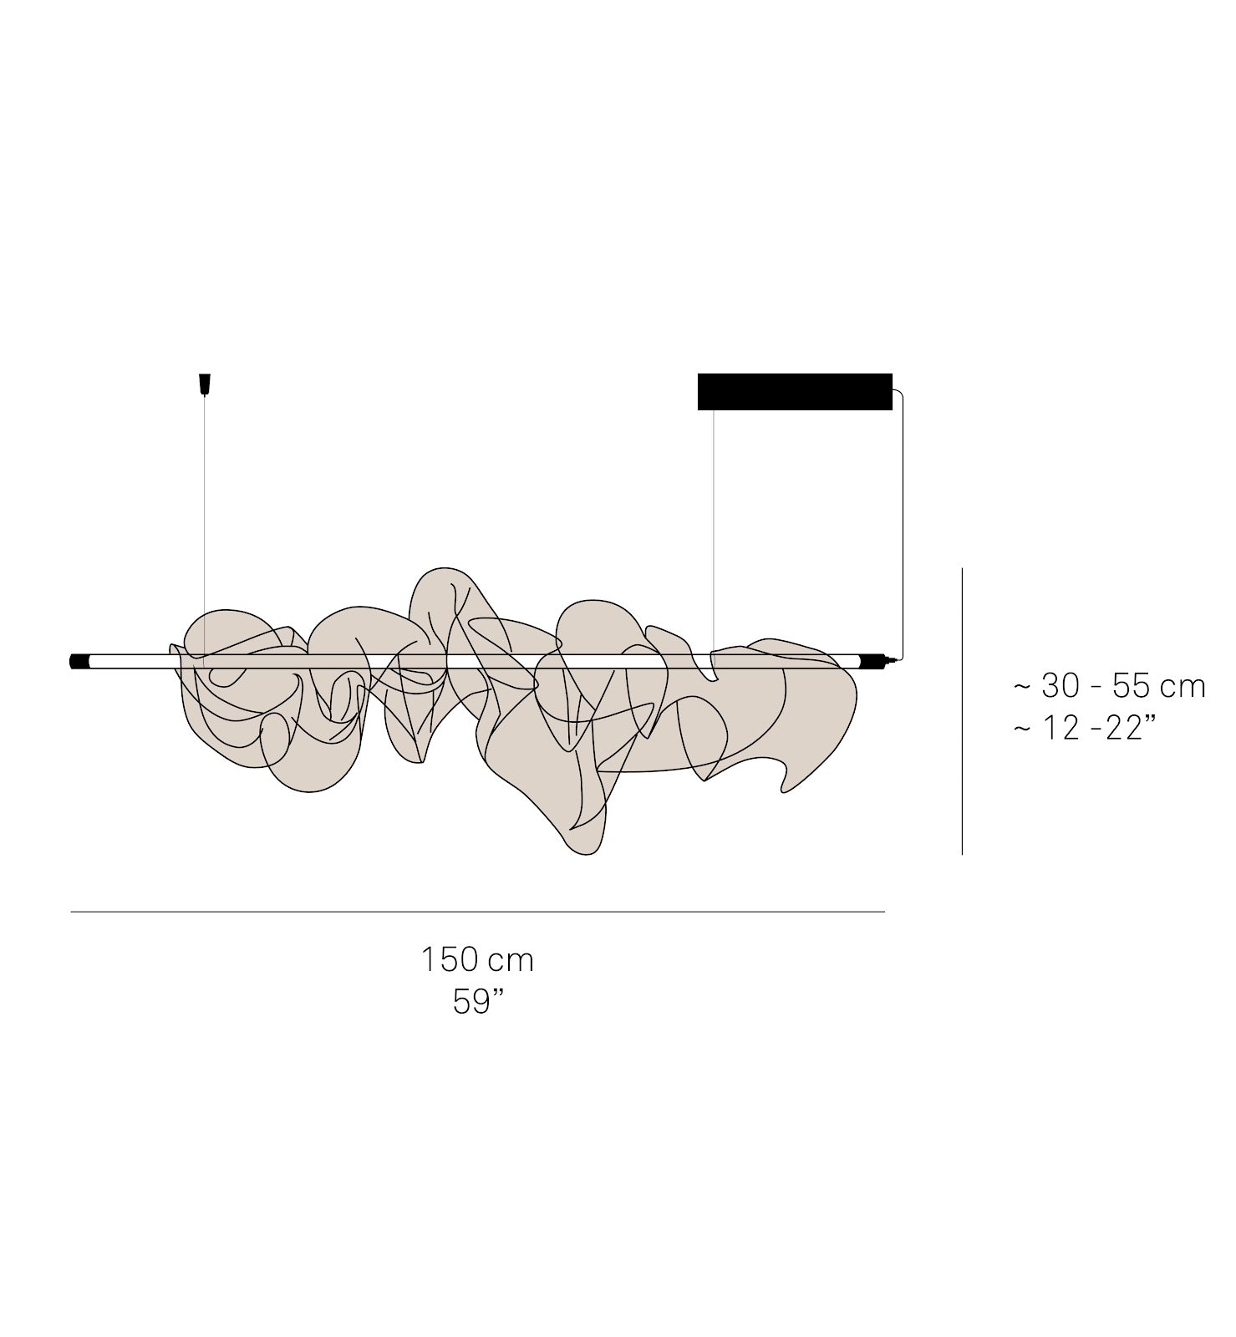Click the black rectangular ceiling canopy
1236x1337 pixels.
click(795, 392)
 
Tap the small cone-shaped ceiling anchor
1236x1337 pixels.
click(204, 384)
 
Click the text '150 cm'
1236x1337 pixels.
click(477, 959)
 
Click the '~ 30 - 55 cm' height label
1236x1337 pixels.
click(1110, 686)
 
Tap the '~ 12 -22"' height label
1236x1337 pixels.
click(1086, 729)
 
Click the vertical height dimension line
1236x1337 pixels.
click(962, 711)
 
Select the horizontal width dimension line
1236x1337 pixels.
click(477, 912)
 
